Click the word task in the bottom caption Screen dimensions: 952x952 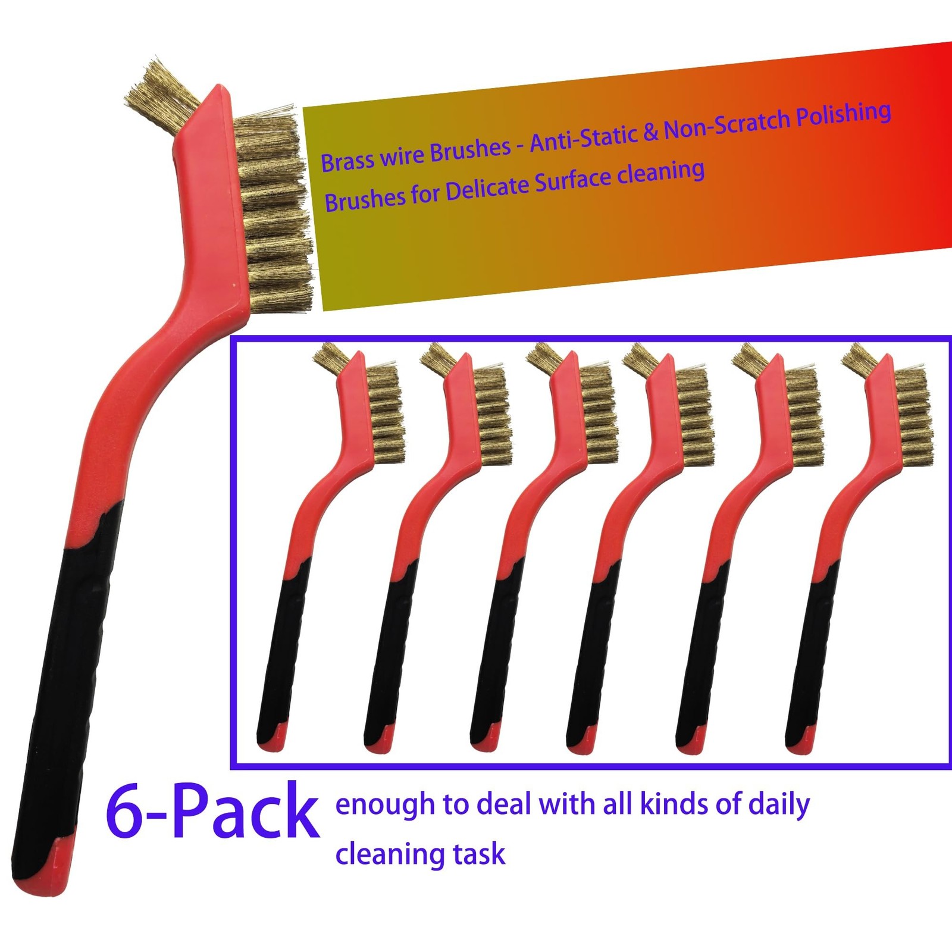(478, 854)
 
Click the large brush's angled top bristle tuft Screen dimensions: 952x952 (161, 89)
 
